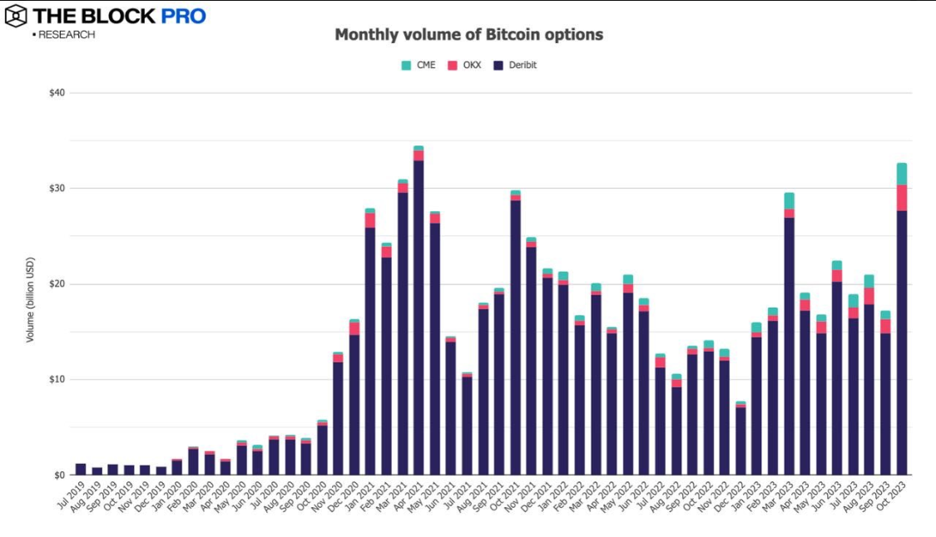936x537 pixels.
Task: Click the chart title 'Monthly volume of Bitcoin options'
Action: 468,35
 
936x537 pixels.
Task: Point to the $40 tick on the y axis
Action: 57,93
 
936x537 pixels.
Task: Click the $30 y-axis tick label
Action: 57,189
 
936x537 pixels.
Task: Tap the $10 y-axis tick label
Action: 57,380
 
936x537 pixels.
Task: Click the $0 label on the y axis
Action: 59,475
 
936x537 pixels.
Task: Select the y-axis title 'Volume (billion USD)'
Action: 31,299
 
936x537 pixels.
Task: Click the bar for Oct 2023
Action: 901,333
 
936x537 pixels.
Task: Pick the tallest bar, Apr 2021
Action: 418,316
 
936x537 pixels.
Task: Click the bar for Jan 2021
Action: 370,349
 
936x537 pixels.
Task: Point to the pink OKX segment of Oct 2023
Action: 901,198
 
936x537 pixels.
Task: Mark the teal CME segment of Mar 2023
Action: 789,200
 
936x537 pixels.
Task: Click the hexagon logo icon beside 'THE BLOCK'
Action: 15,15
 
